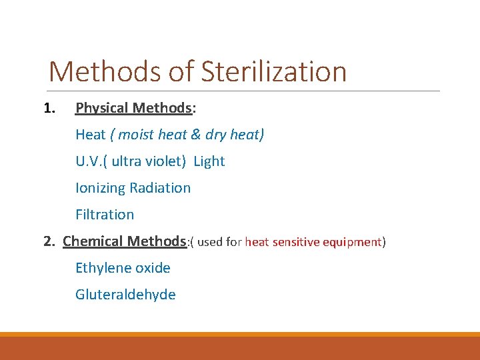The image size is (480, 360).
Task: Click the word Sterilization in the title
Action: coord(274,72)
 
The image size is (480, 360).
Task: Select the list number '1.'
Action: coord(49,108)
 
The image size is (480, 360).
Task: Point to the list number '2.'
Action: coord(49,241)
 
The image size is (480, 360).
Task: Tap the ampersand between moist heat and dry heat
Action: coord(195,135)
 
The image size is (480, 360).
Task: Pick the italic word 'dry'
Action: coord(215,135)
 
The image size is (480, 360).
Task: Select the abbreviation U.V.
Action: coord(89,161)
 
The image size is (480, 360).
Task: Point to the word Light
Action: coord(209,161)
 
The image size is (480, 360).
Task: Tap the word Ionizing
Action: coord(101,188)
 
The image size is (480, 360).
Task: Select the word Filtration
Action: coord(105,215)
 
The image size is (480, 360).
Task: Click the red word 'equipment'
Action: coord(355,242)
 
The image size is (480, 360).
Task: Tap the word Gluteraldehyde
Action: coord(125,295)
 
